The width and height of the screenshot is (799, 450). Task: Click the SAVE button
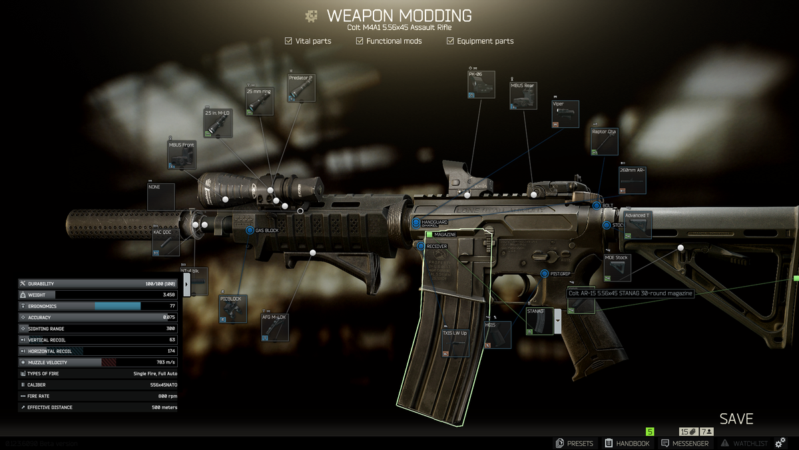[x=736, y=419]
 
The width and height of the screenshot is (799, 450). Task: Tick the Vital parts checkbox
[x=288, y=41]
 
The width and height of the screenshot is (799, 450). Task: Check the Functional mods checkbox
[x=360, y=41]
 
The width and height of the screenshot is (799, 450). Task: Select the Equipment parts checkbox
[x=450, y=41]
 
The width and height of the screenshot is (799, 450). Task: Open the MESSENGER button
[x=684, y=443]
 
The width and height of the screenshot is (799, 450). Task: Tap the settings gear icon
[x=780, y=443]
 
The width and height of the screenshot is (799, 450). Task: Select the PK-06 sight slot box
[x=481, y=85]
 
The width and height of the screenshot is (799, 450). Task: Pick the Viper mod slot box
[x=565, y=114]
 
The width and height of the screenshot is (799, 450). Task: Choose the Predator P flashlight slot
[x=302, y=88]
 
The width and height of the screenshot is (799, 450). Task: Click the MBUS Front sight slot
[x=182, y=155]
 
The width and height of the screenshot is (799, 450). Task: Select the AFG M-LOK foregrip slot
[x=275, y=327]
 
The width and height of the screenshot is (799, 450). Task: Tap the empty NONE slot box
[x=161, y=197]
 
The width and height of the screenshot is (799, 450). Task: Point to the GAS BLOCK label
[x=266, y=230]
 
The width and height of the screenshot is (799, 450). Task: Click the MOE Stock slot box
[x=617, y=267]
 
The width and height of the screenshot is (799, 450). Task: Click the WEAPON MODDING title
[x=399, y=15]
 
